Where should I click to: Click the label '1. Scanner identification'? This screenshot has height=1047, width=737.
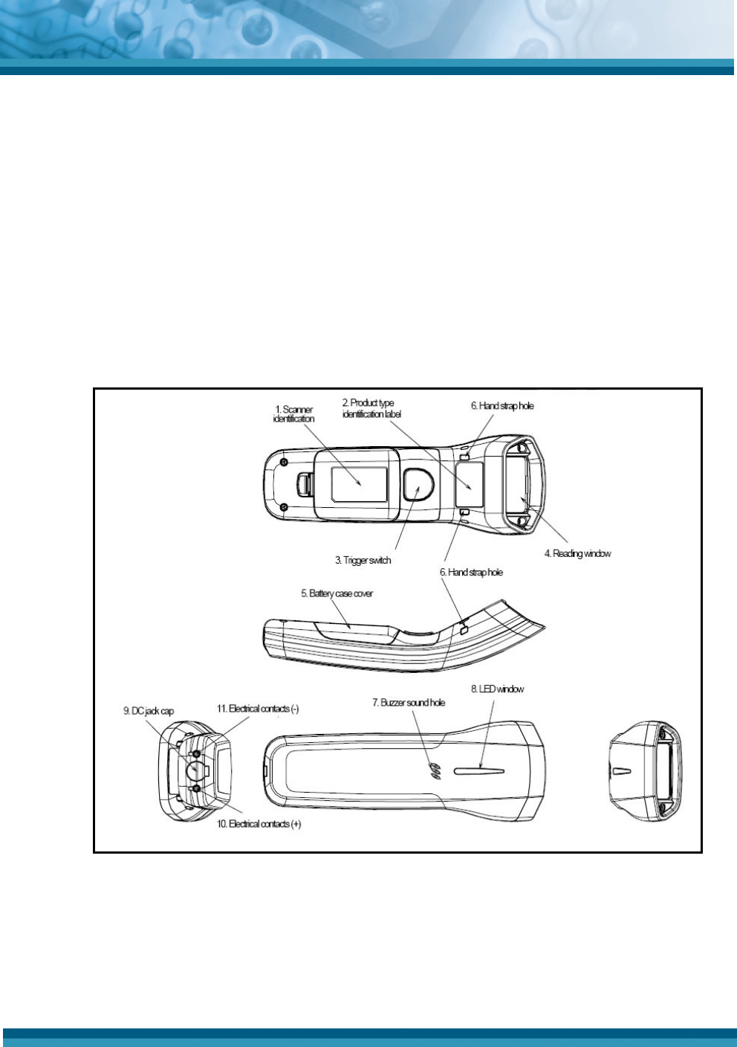point(294,414)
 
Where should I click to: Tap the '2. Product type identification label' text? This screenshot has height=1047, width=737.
point(371,408)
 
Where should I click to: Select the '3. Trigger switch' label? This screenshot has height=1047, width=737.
point(363,560)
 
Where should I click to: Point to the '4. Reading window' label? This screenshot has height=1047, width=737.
point(577,553)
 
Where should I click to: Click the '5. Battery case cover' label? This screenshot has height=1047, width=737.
point(337,593)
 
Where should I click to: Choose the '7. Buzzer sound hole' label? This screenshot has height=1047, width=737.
point(409,702)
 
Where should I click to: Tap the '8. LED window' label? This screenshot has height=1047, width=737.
point(497,689)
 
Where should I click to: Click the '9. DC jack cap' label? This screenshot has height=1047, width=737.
point(149,711)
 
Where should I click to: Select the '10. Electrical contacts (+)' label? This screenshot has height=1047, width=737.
point(259,824)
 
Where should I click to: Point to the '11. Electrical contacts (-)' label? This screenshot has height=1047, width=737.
point(258,709)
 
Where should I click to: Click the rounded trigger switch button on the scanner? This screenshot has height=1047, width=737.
point(418,484)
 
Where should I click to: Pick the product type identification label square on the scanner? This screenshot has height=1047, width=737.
point(470,483)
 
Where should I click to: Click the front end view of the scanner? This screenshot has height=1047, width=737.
point(643,770)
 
